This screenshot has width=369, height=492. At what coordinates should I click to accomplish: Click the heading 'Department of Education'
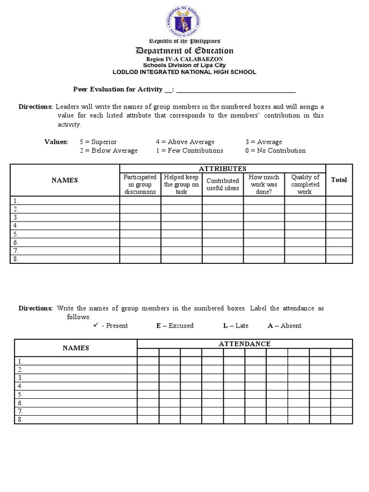(x=184, y=51)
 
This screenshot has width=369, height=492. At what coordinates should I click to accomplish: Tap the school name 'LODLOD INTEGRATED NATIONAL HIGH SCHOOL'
(x=184, y=72)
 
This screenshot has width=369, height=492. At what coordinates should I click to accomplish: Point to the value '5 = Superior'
(x=98, y=142)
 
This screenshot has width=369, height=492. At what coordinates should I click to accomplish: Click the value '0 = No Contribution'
(x=275, y=150)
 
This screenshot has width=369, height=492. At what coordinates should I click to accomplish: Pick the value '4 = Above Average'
(x=185, y=142)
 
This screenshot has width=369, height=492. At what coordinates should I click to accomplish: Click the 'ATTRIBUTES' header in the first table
(x=222, y=168)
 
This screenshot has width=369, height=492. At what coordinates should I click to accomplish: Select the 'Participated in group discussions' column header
(x=140, y=184)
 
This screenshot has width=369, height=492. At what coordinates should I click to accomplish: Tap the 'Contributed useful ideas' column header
(x=222, y=184)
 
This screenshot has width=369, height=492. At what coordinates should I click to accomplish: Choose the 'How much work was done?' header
(x=264, y=184)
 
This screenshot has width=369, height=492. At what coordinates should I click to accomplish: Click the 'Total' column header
(x=339, y=180)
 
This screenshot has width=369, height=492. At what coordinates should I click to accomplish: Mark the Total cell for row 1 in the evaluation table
(x=339, y=201)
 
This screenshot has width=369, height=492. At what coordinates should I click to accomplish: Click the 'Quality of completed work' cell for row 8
(x=305, y=259)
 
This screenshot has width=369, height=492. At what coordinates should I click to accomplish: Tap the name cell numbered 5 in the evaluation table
(x=65, y=234)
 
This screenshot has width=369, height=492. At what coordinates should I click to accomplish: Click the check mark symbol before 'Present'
(x=96, y=325)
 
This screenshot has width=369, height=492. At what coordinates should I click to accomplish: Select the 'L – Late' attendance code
(x=235, y=326)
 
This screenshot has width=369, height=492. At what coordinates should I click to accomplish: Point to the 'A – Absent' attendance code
(x=284, y=326)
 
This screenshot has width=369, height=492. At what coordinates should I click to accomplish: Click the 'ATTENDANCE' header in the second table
(x=245, y=344)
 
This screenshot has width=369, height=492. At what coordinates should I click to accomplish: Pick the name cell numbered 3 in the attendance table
(x=76, y=378)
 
